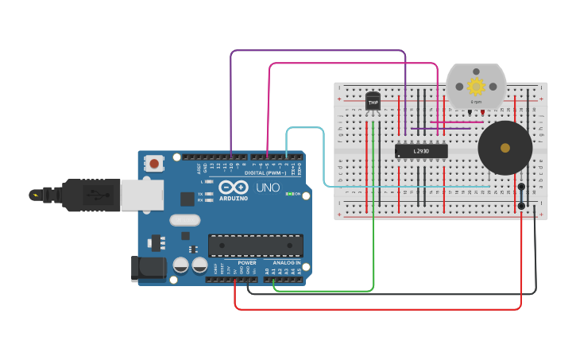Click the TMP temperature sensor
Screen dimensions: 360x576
click(373, 103)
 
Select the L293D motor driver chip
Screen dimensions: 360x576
click(421, 150)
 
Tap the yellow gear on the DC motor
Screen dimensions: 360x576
click(476, 87)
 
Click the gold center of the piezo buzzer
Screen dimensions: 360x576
click(505, 148)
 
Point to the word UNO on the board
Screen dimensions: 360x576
click(267, 188)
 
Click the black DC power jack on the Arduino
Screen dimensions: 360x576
click(147, 269)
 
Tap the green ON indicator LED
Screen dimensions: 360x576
click(290, 194)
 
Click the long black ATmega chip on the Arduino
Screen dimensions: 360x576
click(255, 246)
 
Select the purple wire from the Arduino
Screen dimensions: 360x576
click(318, 51)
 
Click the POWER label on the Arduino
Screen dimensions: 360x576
click(247, 262)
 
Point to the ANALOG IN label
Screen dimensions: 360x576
click(287, 262)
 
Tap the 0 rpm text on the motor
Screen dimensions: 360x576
click(476, 102)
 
